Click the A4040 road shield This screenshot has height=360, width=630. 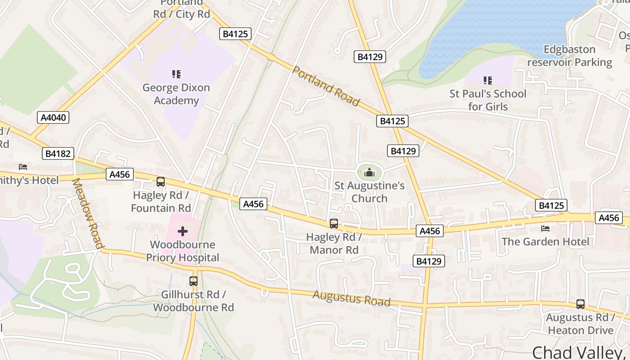click(53, 118)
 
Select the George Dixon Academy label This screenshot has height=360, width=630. click(176, 94)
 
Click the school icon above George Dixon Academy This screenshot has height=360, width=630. click(176, 74)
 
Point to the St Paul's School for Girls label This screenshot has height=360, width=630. click(488, 100)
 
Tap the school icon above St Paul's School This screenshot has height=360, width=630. click(487, 81)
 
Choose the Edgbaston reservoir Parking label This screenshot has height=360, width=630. click(570, 56)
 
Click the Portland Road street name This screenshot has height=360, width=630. click(326, 86)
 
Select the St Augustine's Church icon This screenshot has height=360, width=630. click(369, 172)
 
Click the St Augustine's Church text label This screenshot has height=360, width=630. click(369, 192)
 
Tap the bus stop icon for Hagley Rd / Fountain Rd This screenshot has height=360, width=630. click(161, 182)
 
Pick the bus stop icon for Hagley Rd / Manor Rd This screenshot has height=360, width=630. click(334, 223)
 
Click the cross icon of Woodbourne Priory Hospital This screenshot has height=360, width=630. click(183, 232)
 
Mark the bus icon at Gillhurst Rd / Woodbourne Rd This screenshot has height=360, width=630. click(193, 281)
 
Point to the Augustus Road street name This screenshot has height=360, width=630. click(351, 298)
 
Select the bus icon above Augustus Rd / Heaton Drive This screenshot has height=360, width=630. click(580, 304)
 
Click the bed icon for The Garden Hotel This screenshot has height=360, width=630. click(545, 229)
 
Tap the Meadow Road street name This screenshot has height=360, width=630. click(87, 213)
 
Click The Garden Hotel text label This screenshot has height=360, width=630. click(545, 242)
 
